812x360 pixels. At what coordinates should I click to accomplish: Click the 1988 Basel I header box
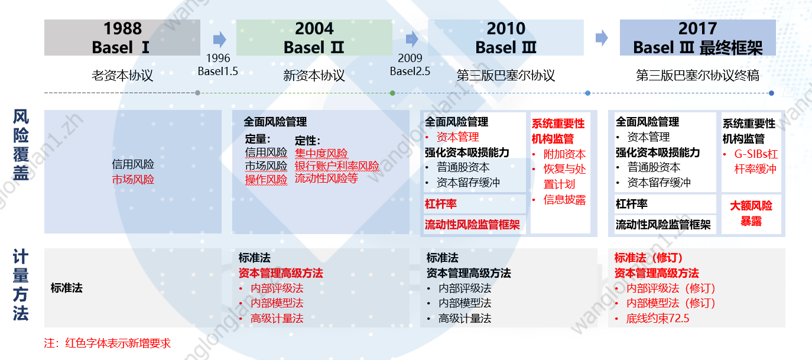point(122,38)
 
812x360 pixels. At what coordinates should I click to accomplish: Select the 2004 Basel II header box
point(314,38)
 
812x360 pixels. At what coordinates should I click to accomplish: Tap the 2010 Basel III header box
point(506,38)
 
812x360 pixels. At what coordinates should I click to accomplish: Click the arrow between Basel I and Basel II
point(219,40)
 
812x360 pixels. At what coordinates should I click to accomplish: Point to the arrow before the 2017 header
point(602,38)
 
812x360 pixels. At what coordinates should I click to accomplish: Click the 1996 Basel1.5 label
point(217,65)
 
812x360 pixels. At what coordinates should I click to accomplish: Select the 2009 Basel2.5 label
point(410,65)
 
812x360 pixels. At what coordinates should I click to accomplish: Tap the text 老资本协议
point(122,76)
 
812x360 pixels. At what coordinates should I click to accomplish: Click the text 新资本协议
point(314,76)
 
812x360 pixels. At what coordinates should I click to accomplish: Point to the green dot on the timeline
point(392,93)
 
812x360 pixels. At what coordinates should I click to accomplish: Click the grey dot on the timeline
point(197,93)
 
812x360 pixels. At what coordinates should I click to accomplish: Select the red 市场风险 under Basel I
point(133,179)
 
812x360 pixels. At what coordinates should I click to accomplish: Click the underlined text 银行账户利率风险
point(337,166)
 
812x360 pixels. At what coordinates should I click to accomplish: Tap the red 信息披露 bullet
point(564,200)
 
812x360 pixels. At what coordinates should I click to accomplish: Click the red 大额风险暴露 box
point(751,213)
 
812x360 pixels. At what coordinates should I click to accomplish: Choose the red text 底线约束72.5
point(658,319)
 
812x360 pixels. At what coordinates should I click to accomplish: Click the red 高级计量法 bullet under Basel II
point(277,319)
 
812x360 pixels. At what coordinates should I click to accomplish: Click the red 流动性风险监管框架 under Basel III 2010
point(472,225)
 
